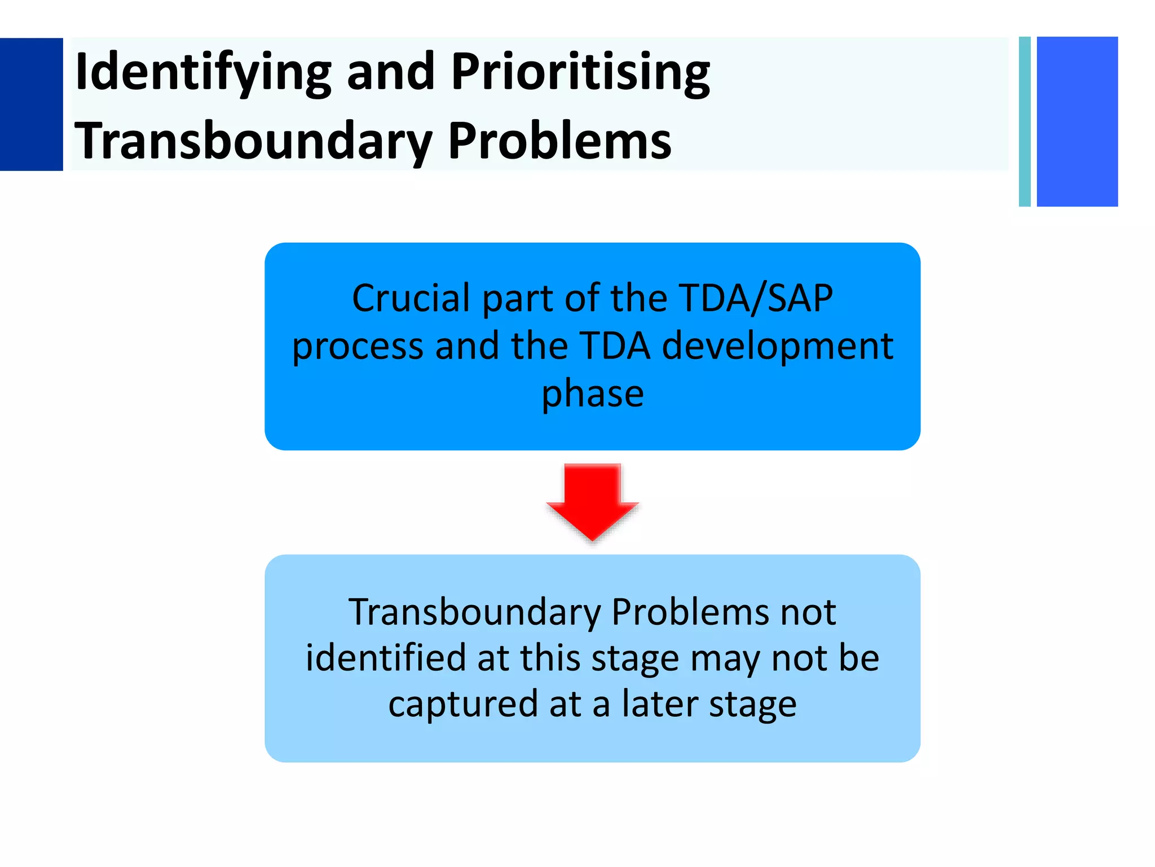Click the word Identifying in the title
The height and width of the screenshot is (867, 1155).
tap(203, 72)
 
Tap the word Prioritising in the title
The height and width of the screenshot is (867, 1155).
tap(581, 72)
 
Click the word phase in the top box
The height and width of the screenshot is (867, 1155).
tap(592, 394)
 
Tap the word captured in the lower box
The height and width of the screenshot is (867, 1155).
tap(463, 704)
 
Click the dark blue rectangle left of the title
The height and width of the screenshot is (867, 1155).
tap(31, 104)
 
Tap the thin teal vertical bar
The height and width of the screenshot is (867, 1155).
tap(1025, 121)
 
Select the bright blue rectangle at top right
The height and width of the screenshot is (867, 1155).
tap(1077, 121)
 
